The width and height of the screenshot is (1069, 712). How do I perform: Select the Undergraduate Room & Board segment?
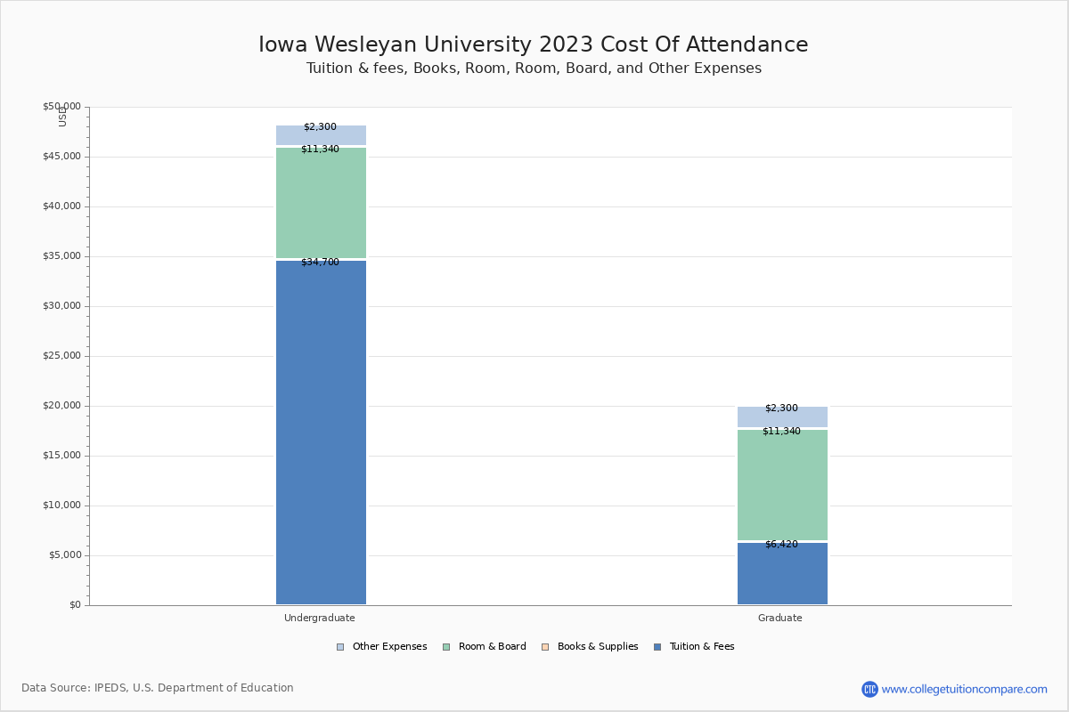tap(321, 203)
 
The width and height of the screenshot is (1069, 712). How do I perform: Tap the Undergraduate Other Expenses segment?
tap(321, 136)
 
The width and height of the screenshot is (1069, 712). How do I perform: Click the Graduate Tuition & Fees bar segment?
tap(782, 574)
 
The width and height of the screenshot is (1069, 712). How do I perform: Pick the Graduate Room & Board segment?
tap(782, 485)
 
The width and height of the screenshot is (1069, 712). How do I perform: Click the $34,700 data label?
tap(320, 263)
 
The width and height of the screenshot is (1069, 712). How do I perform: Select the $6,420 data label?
tap(781, 545)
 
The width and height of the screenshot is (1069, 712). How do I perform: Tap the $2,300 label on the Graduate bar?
tap(781, 409)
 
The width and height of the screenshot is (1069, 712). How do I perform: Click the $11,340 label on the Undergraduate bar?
tap(320, 150)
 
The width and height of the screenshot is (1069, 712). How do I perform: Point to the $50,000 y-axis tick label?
tap(61, 107)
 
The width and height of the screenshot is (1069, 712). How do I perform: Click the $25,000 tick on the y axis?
tap(61, 356)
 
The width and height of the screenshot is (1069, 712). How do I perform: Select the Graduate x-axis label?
tap(780, 618)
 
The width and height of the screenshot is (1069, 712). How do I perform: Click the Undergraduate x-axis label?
tap(320, 618)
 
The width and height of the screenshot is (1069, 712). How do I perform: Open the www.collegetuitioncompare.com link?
tap(964, 689)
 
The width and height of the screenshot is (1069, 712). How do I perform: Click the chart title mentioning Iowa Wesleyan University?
tap(534, 44)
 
